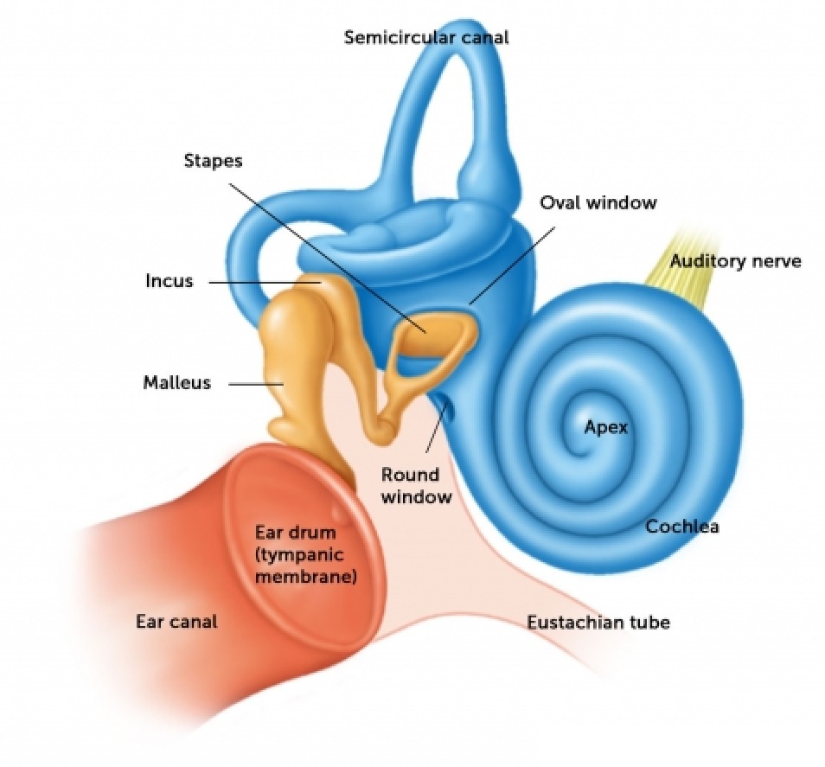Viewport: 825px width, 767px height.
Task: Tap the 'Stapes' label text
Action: click(213, 161)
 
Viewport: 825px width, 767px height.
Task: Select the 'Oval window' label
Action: click(598, 203)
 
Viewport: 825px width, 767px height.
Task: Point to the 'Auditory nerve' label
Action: click(736, 261)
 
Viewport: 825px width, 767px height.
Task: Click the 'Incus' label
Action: click(169, 282)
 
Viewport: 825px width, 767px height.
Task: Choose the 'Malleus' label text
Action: click(176, 382)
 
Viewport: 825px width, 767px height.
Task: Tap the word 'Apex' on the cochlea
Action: click(605, 426)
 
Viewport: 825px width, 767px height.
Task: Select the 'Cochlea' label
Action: click(682, 526)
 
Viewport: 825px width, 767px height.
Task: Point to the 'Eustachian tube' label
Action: click(598, 622)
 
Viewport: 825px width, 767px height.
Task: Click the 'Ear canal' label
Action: click(176, 621)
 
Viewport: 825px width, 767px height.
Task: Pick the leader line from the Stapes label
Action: click(329, 251)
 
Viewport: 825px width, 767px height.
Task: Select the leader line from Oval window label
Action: click(510, 259)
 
